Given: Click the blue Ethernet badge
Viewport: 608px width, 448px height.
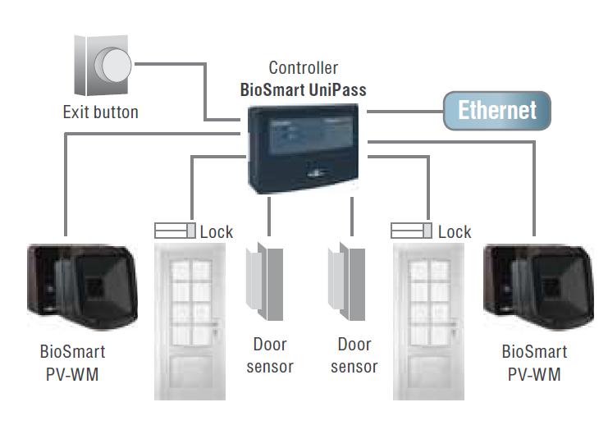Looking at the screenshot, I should [x=496, y=111].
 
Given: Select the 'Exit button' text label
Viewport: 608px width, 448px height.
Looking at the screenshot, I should [x=101, y=112].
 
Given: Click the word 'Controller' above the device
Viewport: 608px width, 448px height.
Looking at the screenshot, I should [x=304, y=68].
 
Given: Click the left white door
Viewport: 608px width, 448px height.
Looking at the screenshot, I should [x=189, y=320].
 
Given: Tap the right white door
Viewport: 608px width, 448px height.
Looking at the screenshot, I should [x=427, y=320].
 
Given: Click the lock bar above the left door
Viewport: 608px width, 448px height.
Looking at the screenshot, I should [x=175, y=231].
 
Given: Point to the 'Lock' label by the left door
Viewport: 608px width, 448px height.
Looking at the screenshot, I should [x=217, y=232].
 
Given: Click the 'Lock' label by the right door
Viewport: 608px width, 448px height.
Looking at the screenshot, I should [x=455, y=232].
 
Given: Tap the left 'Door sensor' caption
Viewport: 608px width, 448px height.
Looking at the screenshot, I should [x=270, y=355].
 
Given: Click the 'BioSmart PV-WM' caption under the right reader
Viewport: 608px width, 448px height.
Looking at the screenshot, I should [x=534, y=363].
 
